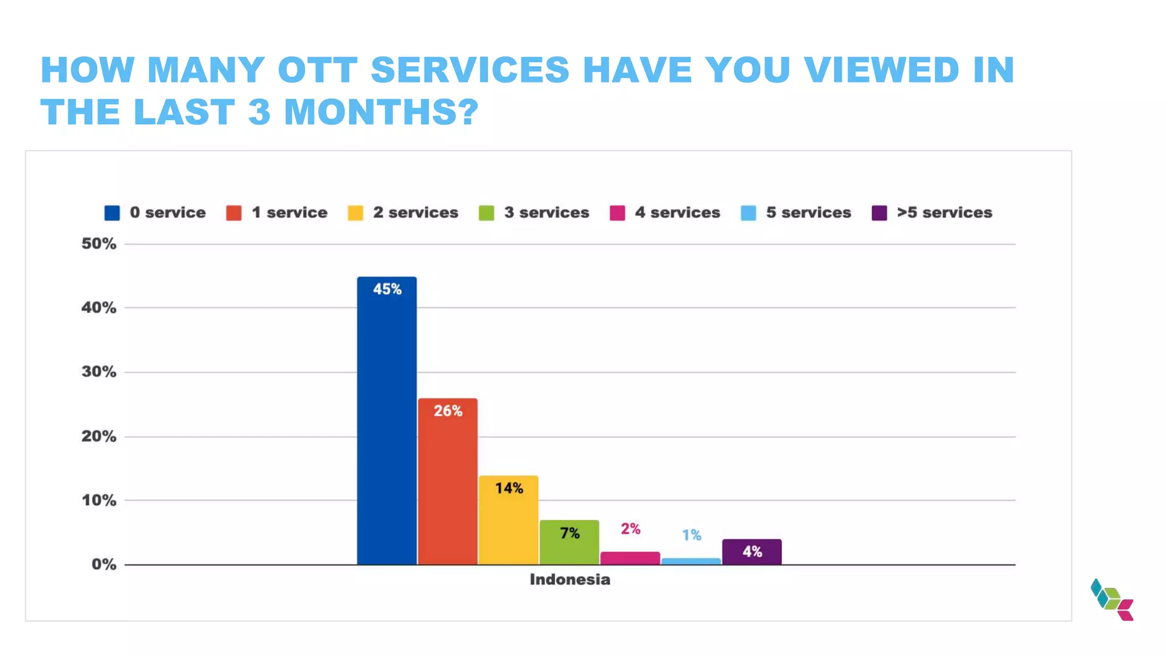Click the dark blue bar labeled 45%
click(387, 421)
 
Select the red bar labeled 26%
click(447, 482)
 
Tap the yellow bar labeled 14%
click(508, 520)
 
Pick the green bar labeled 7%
click(569, 542)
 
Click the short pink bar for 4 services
click(630, 558)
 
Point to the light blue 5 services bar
click(691, 561)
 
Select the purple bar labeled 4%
click(752, 552)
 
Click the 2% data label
click(630, 529)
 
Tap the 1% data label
click(691, 535)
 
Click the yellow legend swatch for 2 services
click(355, 213)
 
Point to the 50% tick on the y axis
click(98, 244)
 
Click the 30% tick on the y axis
click(98, 372)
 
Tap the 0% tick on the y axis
click(104, 564)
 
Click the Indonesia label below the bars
click(569, 580)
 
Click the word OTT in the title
click(317, 70)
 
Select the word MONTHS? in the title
click(381, 112)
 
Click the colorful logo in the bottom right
click(1112, 600)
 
